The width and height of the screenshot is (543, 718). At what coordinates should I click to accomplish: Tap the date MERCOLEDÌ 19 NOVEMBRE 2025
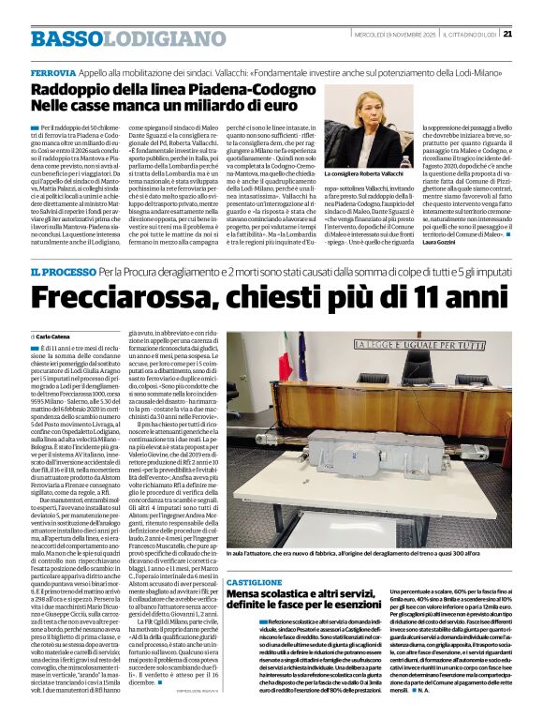392,37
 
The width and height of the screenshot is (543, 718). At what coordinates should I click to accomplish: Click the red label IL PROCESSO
63,272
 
